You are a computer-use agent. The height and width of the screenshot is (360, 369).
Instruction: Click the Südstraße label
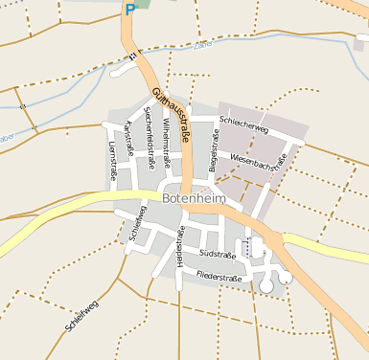tap(218, 254)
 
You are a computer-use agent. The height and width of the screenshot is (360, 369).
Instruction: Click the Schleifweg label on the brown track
tap(81, 316)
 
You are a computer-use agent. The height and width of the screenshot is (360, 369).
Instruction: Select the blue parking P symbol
tap(129, 10)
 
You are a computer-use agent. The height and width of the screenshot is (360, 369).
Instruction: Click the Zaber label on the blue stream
tap(202, 45)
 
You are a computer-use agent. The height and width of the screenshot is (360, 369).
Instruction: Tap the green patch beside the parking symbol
tap(144, 4)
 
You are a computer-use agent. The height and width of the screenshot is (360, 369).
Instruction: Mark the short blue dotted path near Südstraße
tap(247, 246)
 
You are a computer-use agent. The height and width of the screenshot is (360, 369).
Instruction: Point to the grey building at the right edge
tap(360, 43)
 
